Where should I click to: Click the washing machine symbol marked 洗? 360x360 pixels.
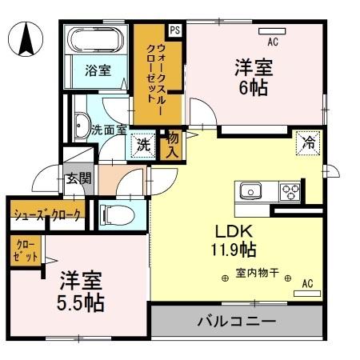[x=142, y=146]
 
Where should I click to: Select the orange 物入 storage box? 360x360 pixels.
[x=170, y=145]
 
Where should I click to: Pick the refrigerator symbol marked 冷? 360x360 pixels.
[x=307, y=143]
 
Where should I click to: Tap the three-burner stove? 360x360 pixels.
[x=290, y=191]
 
